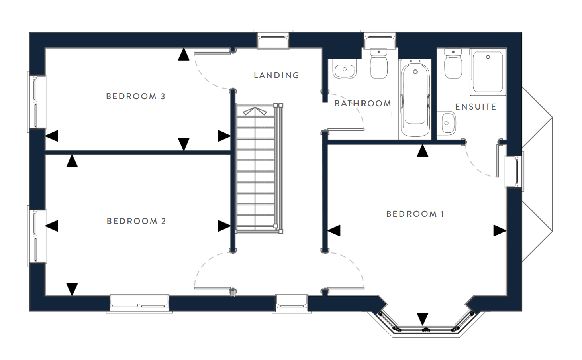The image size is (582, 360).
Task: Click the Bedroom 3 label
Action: pyautogui.click(x=135, y=96)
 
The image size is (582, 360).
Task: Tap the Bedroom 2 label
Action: pyautogui.click(x=136, y=221)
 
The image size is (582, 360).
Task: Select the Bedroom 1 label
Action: pyautogui.click(x=415, y=214)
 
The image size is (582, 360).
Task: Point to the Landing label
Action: pyautogui.click(x=276, y=75)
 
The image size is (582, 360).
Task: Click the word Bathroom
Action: pyautogui.click(x=363, y=104)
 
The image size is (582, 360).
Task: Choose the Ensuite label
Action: pyautogui.click(x=476, y=107)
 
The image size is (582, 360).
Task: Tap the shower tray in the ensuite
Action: pyautogui.click(x=488, y=72)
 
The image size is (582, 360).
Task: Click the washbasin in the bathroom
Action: pyautogui.click(x=345, y=69)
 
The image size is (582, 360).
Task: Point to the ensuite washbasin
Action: pyautogui.click(x=447, y=123)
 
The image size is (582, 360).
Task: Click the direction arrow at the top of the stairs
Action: pyautogui.click(x=255, y=111)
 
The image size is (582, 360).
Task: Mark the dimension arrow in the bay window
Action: pyautogui.click(x=423, y=319)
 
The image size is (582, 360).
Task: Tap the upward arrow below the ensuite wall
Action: pyautogui.click(x=423, y=151)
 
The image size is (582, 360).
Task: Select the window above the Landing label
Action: pyautogui.click(x=273, y=39)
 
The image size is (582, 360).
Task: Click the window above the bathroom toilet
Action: pyautogui.click(x=380, y=39)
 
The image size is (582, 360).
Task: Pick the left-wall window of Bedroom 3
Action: pyautogui.click(x=37, y=102)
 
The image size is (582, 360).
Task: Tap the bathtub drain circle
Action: pyautogui.click(x=415, y=71)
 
